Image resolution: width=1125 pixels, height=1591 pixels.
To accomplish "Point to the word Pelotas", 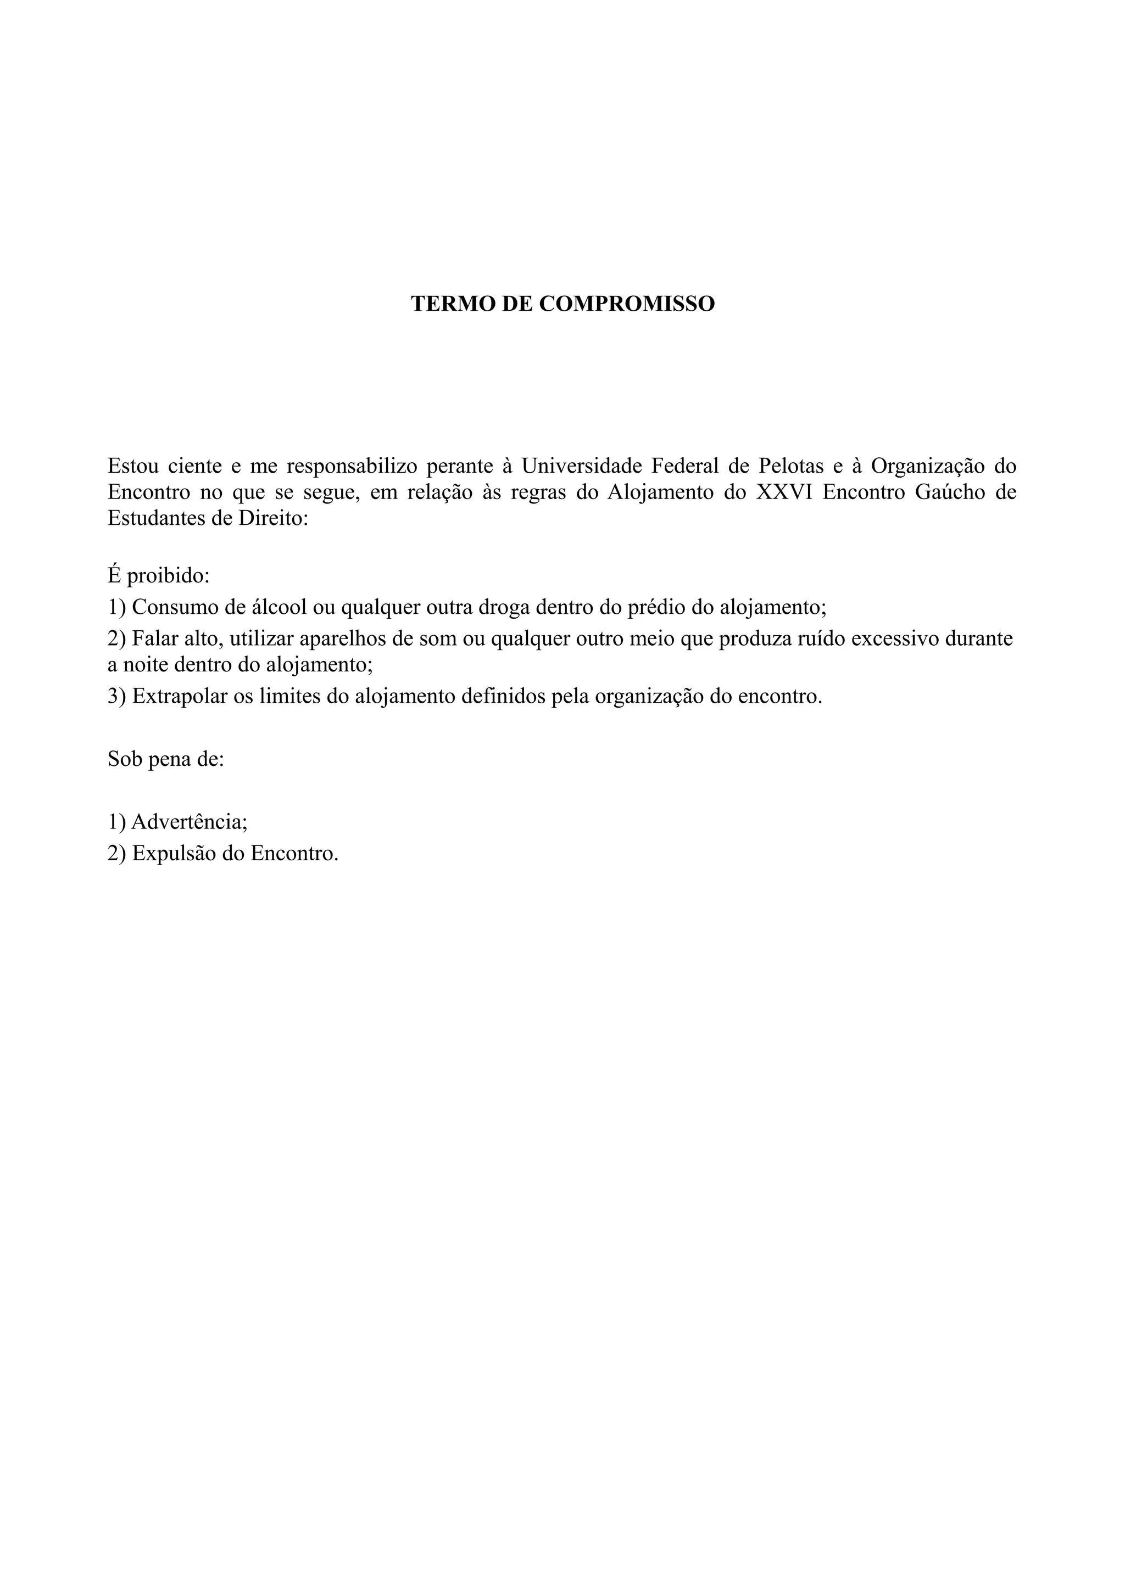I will [x=791, y=466].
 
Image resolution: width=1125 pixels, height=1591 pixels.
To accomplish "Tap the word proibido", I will [x=168, y=576].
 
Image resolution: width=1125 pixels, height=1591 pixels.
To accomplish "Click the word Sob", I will [x=124, y=759].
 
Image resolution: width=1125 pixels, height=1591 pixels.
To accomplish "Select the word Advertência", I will [x=189, y=822].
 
